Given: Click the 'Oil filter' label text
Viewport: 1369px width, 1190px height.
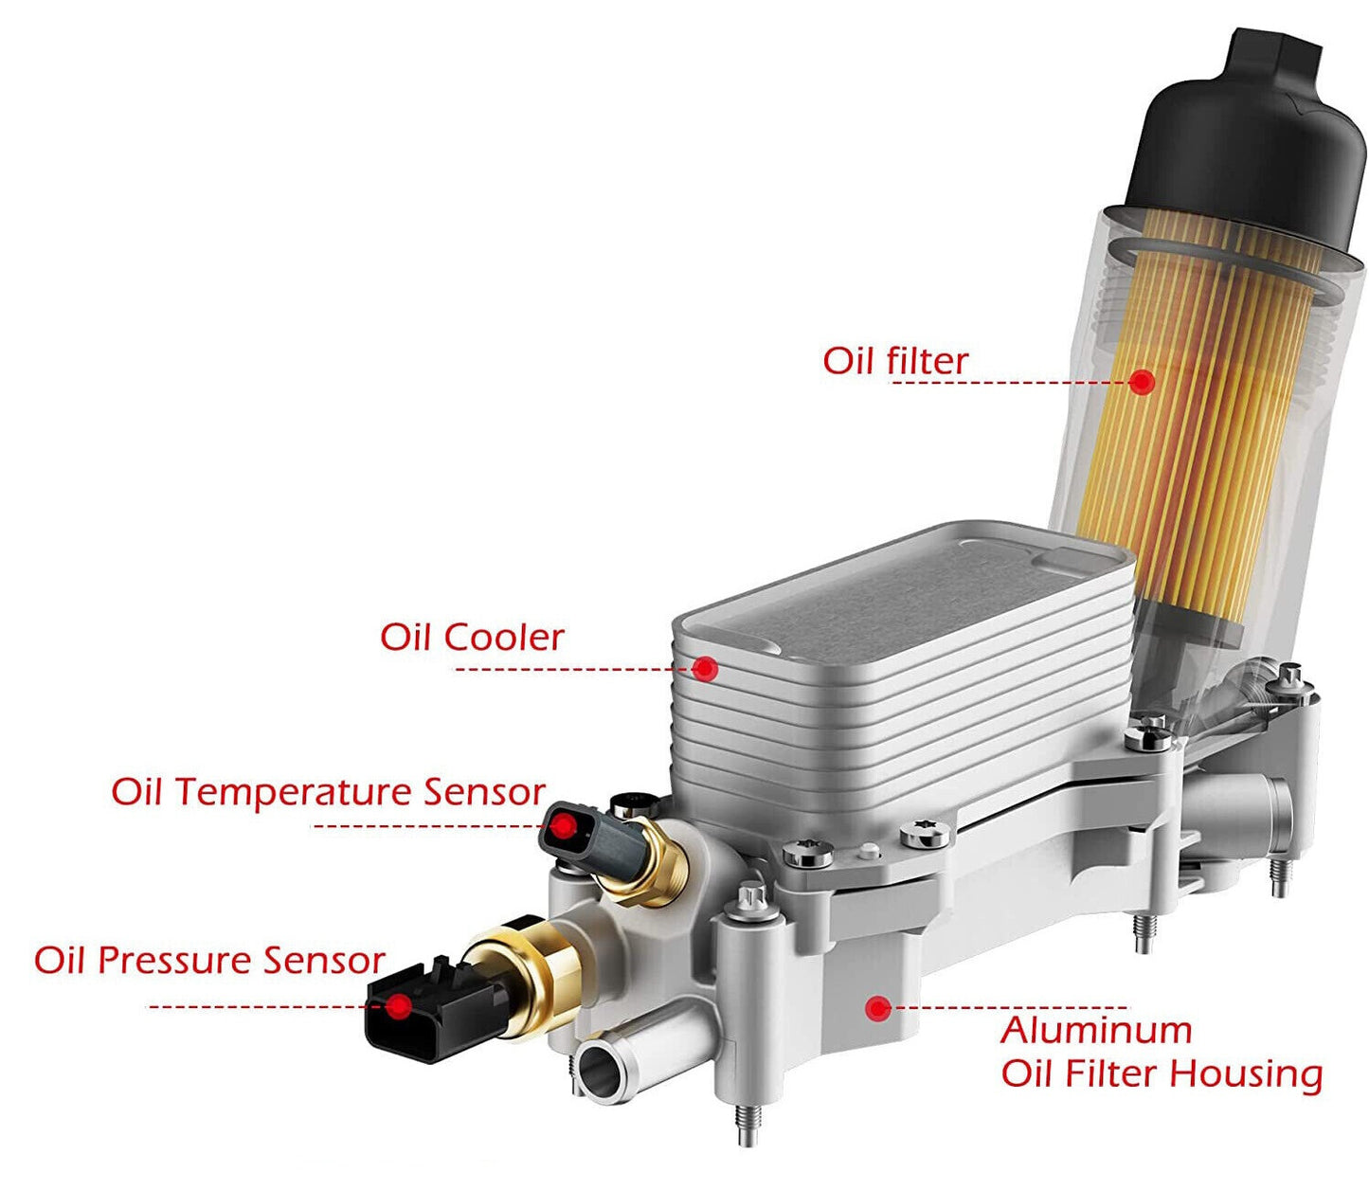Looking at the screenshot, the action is click(x=894, y=361).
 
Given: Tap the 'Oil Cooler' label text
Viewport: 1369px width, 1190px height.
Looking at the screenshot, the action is click(x=472, y=638).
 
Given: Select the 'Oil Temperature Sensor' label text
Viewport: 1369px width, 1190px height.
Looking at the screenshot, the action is click(x=328, y=792).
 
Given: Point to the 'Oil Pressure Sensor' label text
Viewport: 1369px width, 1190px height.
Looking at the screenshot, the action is click(x=209, y=961).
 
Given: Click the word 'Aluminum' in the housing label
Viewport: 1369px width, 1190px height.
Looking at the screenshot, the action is click(x=1096, y=1031).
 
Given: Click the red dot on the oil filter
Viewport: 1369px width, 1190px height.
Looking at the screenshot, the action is click(x=1142, y=381).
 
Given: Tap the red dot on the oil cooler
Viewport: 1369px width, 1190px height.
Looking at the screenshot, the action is click(x=705, y=668).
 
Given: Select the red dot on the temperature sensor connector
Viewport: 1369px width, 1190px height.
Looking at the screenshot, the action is click(x=564, y=828).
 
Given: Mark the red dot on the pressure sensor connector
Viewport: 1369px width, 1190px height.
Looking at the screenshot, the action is click(x=400, y=1005).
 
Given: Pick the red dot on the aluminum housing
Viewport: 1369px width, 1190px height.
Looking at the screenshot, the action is click(x=877, y=1008).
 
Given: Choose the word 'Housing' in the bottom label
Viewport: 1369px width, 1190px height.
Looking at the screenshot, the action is click(x=1246, y=1073).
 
